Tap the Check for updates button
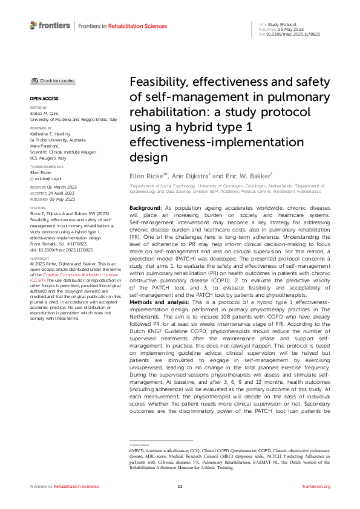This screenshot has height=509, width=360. (53, 80)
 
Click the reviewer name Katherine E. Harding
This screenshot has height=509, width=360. (50, 134)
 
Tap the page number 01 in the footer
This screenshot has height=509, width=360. (180, 486)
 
